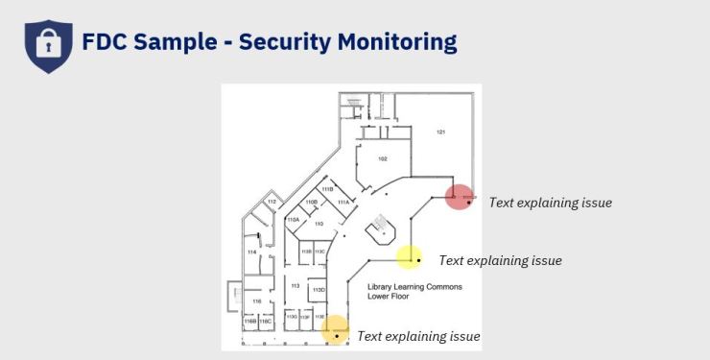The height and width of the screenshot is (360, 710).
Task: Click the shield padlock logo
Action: (x=48, y=44)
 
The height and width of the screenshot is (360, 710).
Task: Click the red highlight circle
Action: (x=460, y=198)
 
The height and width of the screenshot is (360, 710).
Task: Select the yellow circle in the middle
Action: (x=410, y=256)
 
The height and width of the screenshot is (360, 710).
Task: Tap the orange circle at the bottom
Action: (x=335, y=330)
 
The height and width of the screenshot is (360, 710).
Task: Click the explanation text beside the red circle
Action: (x=550, y=203)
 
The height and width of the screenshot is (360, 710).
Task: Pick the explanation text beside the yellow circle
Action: (x=500, y=260)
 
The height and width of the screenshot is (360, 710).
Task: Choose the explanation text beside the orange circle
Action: (x=418, y=336)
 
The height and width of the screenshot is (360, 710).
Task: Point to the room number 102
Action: (x=382, y=158)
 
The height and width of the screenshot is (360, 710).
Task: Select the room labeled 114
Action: (x=252, y=252)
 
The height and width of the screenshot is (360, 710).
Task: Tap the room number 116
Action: (x=256, y=301)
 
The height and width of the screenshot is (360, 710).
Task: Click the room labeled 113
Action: (x=295, y=286)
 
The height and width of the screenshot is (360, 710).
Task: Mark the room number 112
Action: (x=272, y=203)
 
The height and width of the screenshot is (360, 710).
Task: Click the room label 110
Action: (x=319, y=224)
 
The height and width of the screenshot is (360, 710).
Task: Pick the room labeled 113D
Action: (x=319, y=289)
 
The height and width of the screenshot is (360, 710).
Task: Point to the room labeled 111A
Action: (x=343, y=203)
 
